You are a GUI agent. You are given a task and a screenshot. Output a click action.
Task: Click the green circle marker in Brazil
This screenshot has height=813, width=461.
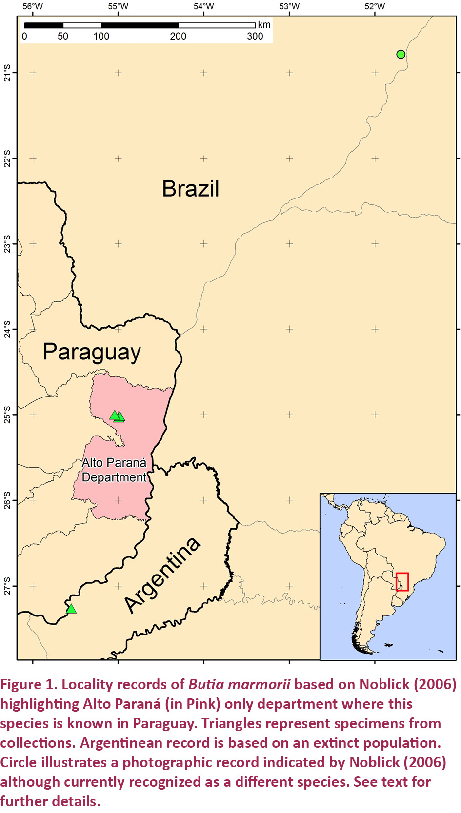pyautogui.click(x=401, y=54)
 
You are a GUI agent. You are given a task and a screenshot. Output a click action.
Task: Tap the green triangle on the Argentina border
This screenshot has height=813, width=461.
pyautogui.click(x=71, y=609)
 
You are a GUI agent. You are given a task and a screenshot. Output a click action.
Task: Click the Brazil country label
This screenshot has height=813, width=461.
pyautogui.click(x=190, y=189)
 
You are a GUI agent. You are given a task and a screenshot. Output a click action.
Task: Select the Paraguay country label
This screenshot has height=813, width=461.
pyautogui.click(x=92, y=352)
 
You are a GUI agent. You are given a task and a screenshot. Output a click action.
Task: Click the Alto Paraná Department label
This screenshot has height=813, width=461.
pyautogui.click(x=114, y=470)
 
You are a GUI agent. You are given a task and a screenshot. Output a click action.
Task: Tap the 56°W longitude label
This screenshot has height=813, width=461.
pyautogui.click(x=33, y=6)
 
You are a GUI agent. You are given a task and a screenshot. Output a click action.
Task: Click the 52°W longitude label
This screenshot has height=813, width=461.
pyautogui.click(x=375, y=6)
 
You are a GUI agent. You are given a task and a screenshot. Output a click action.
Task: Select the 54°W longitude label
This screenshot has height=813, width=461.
pyautogui.click(x=203, y=6)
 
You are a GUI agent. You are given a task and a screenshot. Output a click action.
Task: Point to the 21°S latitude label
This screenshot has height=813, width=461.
pyautogui.click(x=7, y=73)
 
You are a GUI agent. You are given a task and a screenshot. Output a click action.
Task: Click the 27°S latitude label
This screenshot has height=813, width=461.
pyautogui.click(x=7, y=586)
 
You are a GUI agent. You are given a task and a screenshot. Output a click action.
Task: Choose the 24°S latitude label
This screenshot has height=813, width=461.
pyautogui.click(x=7, y=329)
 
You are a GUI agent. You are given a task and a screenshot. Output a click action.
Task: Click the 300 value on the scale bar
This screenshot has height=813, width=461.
pyautogui.click(x=255, y=36)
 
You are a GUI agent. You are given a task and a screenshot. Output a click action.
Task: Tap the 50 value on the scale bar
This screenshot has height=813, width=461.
pyautogui.click(x=63, y=36)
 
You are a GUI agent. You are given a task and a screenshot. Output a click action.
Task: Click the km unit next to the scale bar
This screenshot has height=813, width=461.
pyautogui.click(x=264, y=25)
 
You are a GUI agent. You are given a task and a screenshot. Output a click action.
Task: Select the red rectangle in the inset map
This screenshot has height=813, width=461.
pyautogui.click(x=402, y=581)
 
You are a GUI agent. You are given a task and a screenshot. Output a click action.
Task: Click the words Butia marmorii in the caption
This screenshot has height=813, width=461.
pyautogui.click(x=239, y=684)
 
